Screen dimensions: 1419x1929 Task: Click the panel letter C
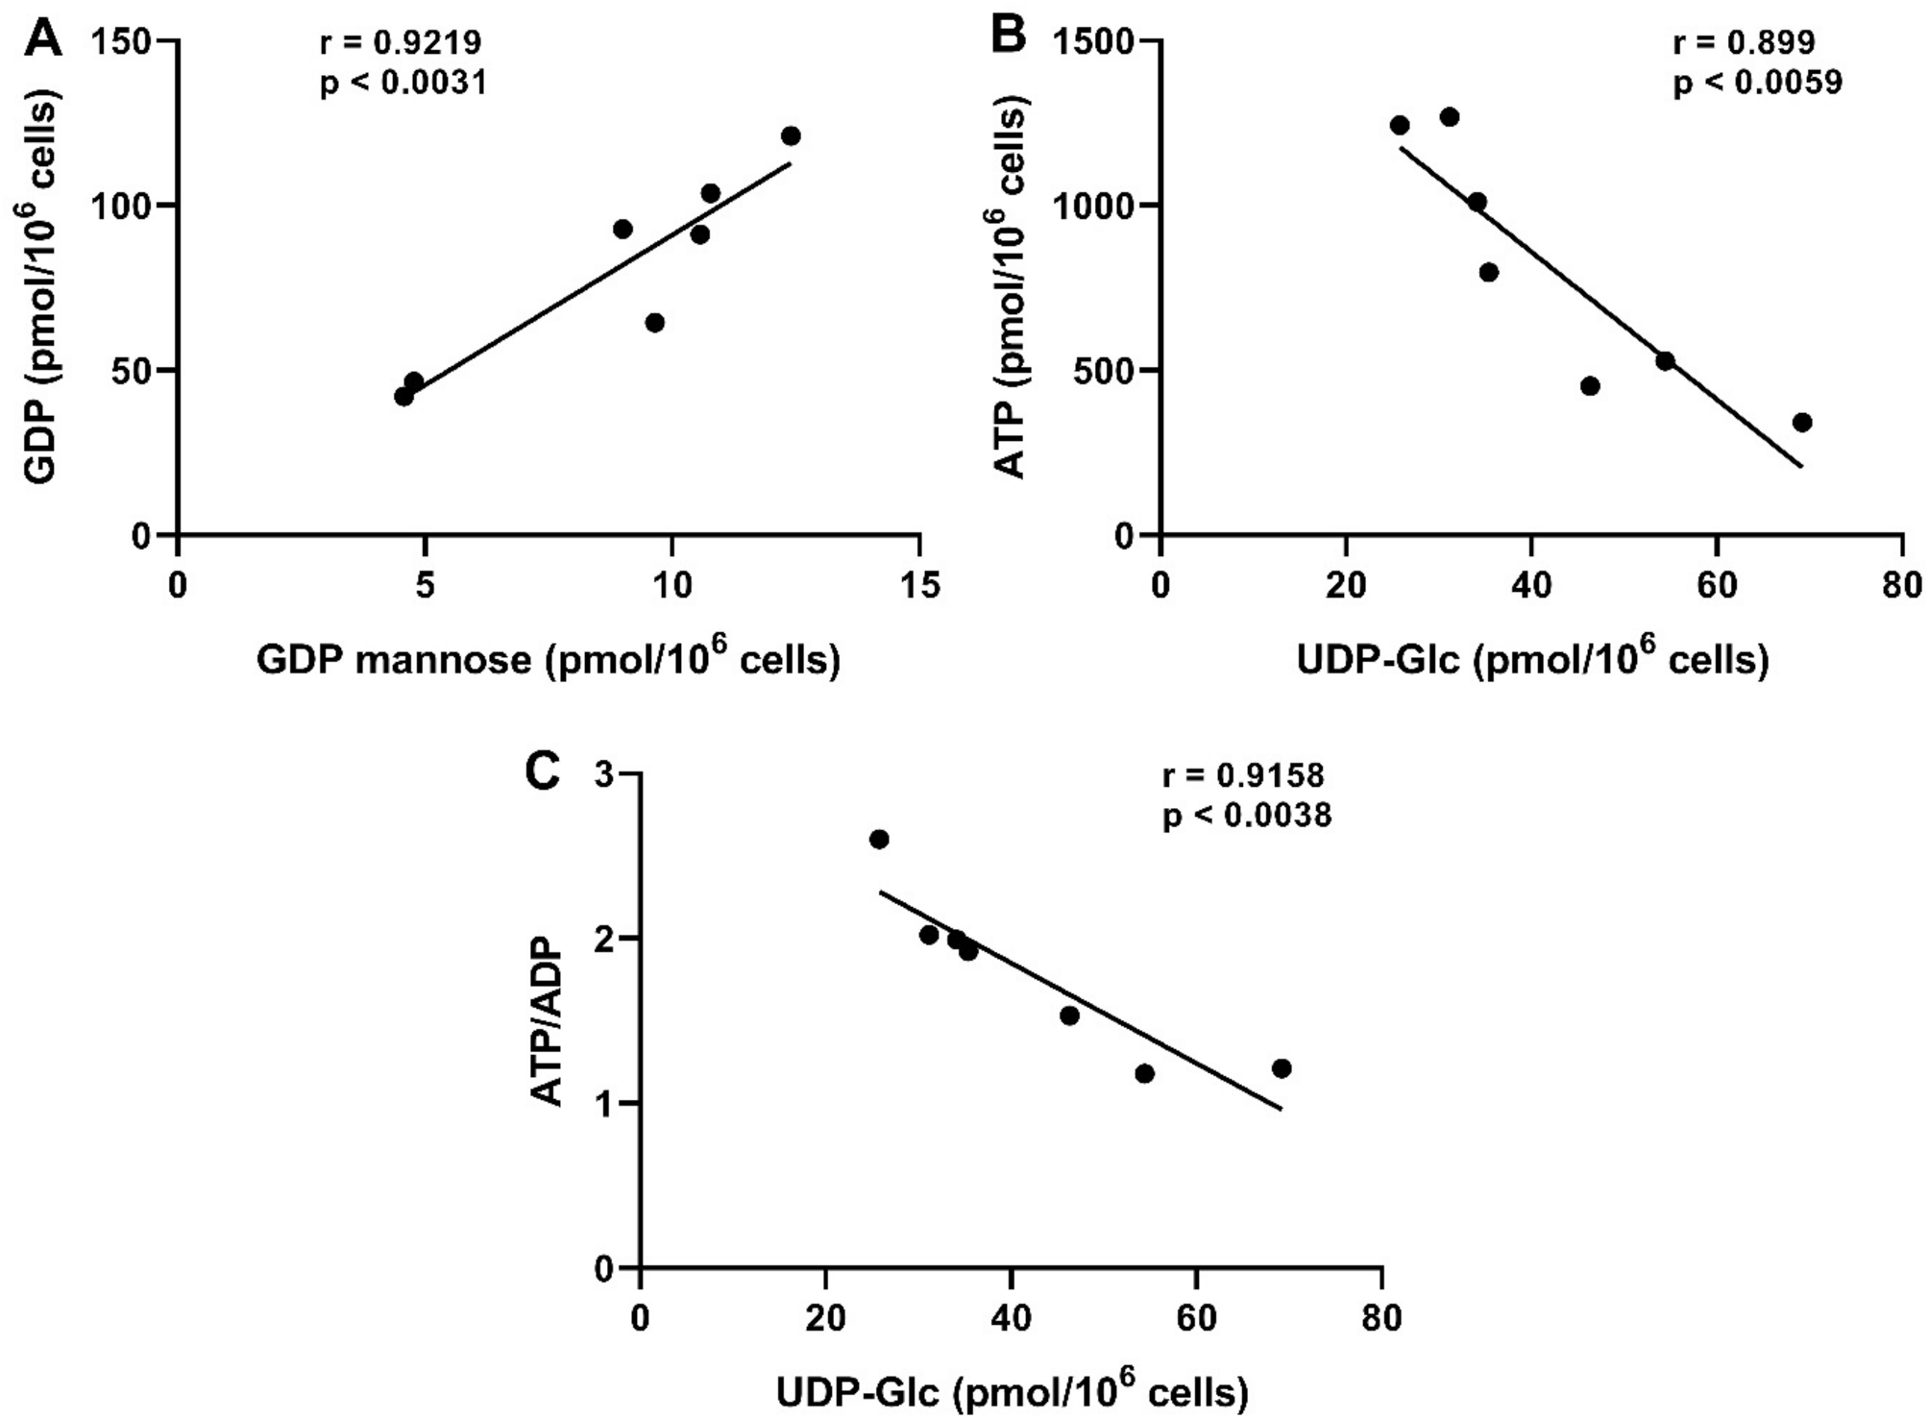click(x=541, y=771)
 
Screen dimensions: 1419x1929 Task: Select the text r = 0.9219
click(x=401, y=43)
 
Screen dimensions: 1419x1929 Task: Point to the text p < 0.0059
click(x=1757, y=84)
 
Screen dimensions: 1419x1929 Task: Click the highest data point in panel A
click(x=791, y=136)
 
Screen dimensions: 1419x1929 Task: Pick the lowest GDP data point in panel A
click(x=403, y=397)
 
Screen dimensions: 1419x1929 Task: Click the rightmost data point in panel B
click(x=1802, y=423)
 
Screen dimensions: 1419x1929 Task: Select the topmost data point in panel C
click(x=878, y=840)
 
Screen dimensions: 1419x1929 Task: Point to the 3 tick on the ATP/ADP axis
click(x=604, y=774)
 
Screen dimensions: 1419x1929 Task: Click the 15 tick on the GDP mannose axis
click(x=920, y=585)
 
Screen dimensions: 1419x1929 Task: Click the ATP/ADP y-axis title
click(x=548, y=1022)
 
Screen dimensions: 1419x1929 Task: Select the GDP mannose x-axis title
click(x=548, y=661)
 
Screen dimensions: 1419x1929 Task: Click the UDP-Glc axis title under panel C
click(x=1012, y=1391)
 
